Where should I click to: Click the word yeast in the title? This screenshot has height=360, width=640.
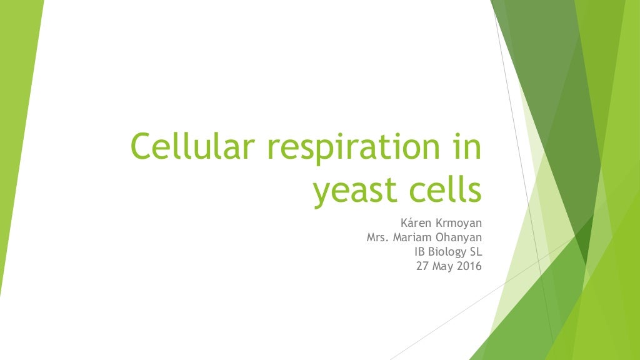click(x=355, y=191)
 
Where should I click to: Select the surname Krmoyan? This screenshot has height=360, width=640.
click(x=459, y=222)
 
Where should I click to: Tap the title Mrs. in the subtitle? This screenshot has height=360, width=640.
click(x=379, y=237)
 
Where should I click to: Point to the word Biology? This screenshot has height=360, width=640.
click(x=444, y=252)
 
